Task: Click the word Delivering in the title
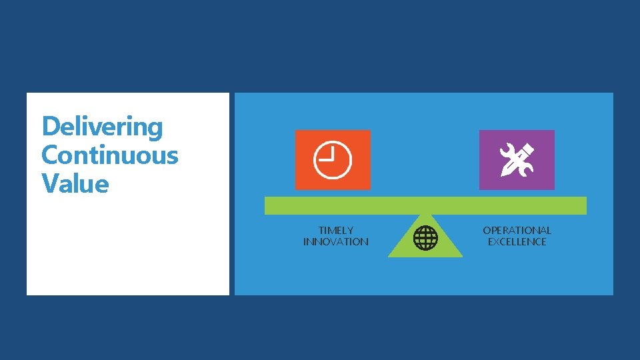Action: pyautogui.click(x=102, y=127)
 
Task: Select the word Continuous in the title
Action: pyautogui.click(x=110, y=155)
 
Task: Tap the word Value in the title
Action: pyautogui.click(x=75, y=183)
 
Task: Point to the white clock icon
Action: pyautogui.click(x=333, y=161)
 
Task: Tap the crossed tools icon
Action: pyautogui.click(x=517, y=160)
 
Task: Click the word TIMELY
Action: pyautogui.click(x=336, y=231)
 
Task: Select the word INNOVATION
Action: pyautogui.click(x=336, y=242)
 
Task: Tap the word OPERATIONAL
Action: pyautogui.click(x=517, y=231)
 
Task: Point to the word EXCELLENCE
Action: pyautogui.click(x=517, y=242)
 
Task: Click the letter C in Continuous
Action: pyautogui.click(x=50, y=155)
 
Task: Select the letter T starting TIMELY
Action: pyautogui.click(x=321, y=231)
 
